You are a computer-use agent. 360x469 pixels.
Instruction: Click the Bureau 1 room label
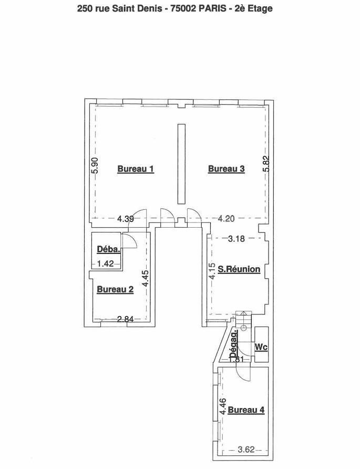click(136, 169)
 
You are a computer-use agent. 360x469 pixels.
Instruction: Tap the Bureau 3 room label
click(227, 169)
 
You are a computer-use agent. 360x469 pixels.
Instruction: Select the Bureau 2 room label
click(115, 290)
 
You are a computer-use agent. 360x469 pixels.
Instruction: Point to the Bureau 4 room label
click(246, 410)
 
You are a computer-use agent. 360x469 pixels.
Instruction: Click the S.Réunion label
click(239, 269)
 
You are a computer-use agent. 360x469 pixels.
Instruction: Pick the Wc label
click(261, 347)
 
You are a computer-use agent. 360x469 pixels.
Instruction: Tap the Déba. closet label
click(109, 249)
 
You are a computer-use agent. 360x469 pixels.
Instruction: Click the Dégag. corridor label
click(234, 343)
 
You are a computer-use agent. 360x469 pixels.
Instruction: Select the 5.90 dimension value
click(95, 166)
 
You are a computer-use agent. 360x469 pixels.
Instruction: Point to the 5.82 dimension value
click(266, 164)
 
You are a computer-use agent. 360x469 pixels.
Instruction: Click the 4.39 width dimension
click(125, 219)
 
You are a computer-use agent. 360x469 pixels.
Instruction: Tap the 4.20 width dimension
click(226, 219)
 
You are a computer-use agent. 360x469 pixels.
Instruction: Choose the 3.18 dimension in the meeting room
click(236, 239)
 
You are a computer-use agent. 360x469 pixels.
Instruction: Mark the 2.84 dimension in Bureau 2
click(125, 319)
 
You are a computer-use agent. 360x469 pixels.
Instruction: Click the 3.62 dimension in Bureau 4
click(246, 450)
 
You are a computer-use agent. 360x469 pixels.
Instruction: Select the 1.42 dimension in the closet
click(106, 263)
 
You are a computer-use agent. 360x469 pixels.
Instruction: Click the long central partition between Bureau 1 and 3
click(181, 164)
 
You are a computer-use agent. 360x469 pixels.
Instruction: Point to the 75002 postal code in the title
click(183, 8)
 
